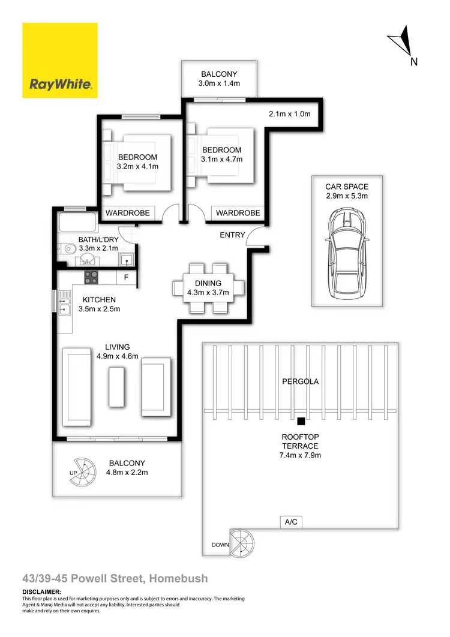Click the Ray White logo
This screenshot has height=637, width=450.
tap(60, 61)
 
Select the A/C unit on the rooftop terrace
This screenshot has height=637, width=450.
tap(290, 522)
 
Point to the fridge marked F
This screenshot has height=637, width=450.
tap(126, 278)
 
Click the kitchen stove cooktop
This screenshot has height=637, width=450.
tap(91, 278)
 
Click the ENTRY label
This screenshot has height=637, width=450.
tap(232, 235)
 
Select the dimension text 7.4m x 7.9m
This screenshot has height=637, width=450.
tap(300, 455)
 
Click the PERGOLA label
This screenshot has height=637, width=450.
tap(300, 381)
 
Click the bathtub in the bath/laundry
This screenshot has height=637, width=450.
tap(79, 224)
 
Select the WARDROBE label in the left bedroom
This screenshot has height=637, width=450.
tap(127, 213)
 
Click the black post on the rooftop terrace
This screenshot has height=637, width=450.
tap(301, 421)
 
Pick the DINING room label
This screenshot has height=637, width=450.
tap(208, 284)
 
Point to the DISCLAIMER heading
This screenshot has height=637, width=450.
tap(42, 592)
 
